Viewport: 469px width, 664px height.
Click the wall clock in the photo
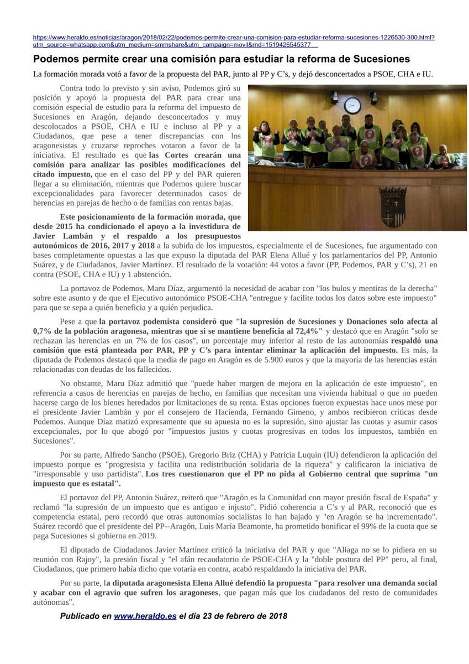click(355, 105)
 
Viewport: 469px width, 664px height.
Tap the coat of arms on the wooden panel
click(393, 206)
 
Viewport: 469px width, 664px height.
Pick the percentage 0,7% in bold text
click(41, 330)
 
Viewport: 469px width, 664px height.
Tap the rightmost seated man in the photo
click(442, 157)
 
